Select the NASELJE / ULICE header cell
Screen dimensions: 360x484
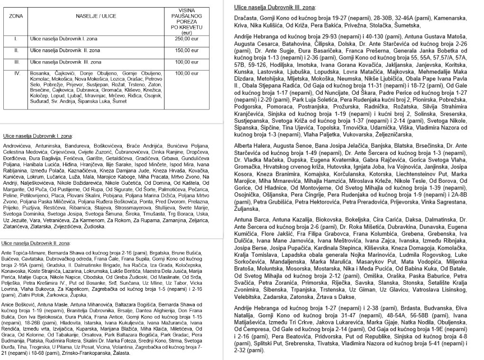coord(91,16)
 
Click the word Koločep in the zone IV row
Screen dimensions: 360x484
coord(38,95)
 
